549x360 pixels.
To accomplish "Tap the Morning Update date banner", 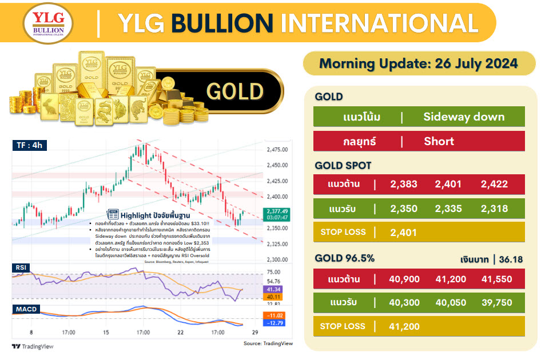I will (x=419, y=63).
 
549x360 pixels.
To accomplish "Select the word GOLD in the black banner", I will (x=234, y=91).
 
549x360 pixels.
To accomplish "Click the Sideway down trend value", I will (x=464, y=117).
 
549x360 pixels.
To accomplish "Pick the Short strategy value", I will (x=439, y=141).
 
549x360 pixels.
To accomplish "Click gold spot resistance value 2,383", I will (x=404, y=184).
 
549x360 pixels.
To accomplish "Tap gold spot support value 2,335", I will (x=448, y=209).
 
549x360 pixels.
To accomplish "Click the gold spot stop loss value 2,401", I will (x=404, y=233).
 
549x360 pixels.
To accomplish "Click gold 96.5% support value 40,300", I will (x=404, y=303).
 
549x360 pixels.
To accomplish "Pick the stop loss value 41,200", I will (x=404, y=327).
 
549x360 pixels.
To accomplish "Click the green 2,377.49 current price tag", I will (x=277, y=211).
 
